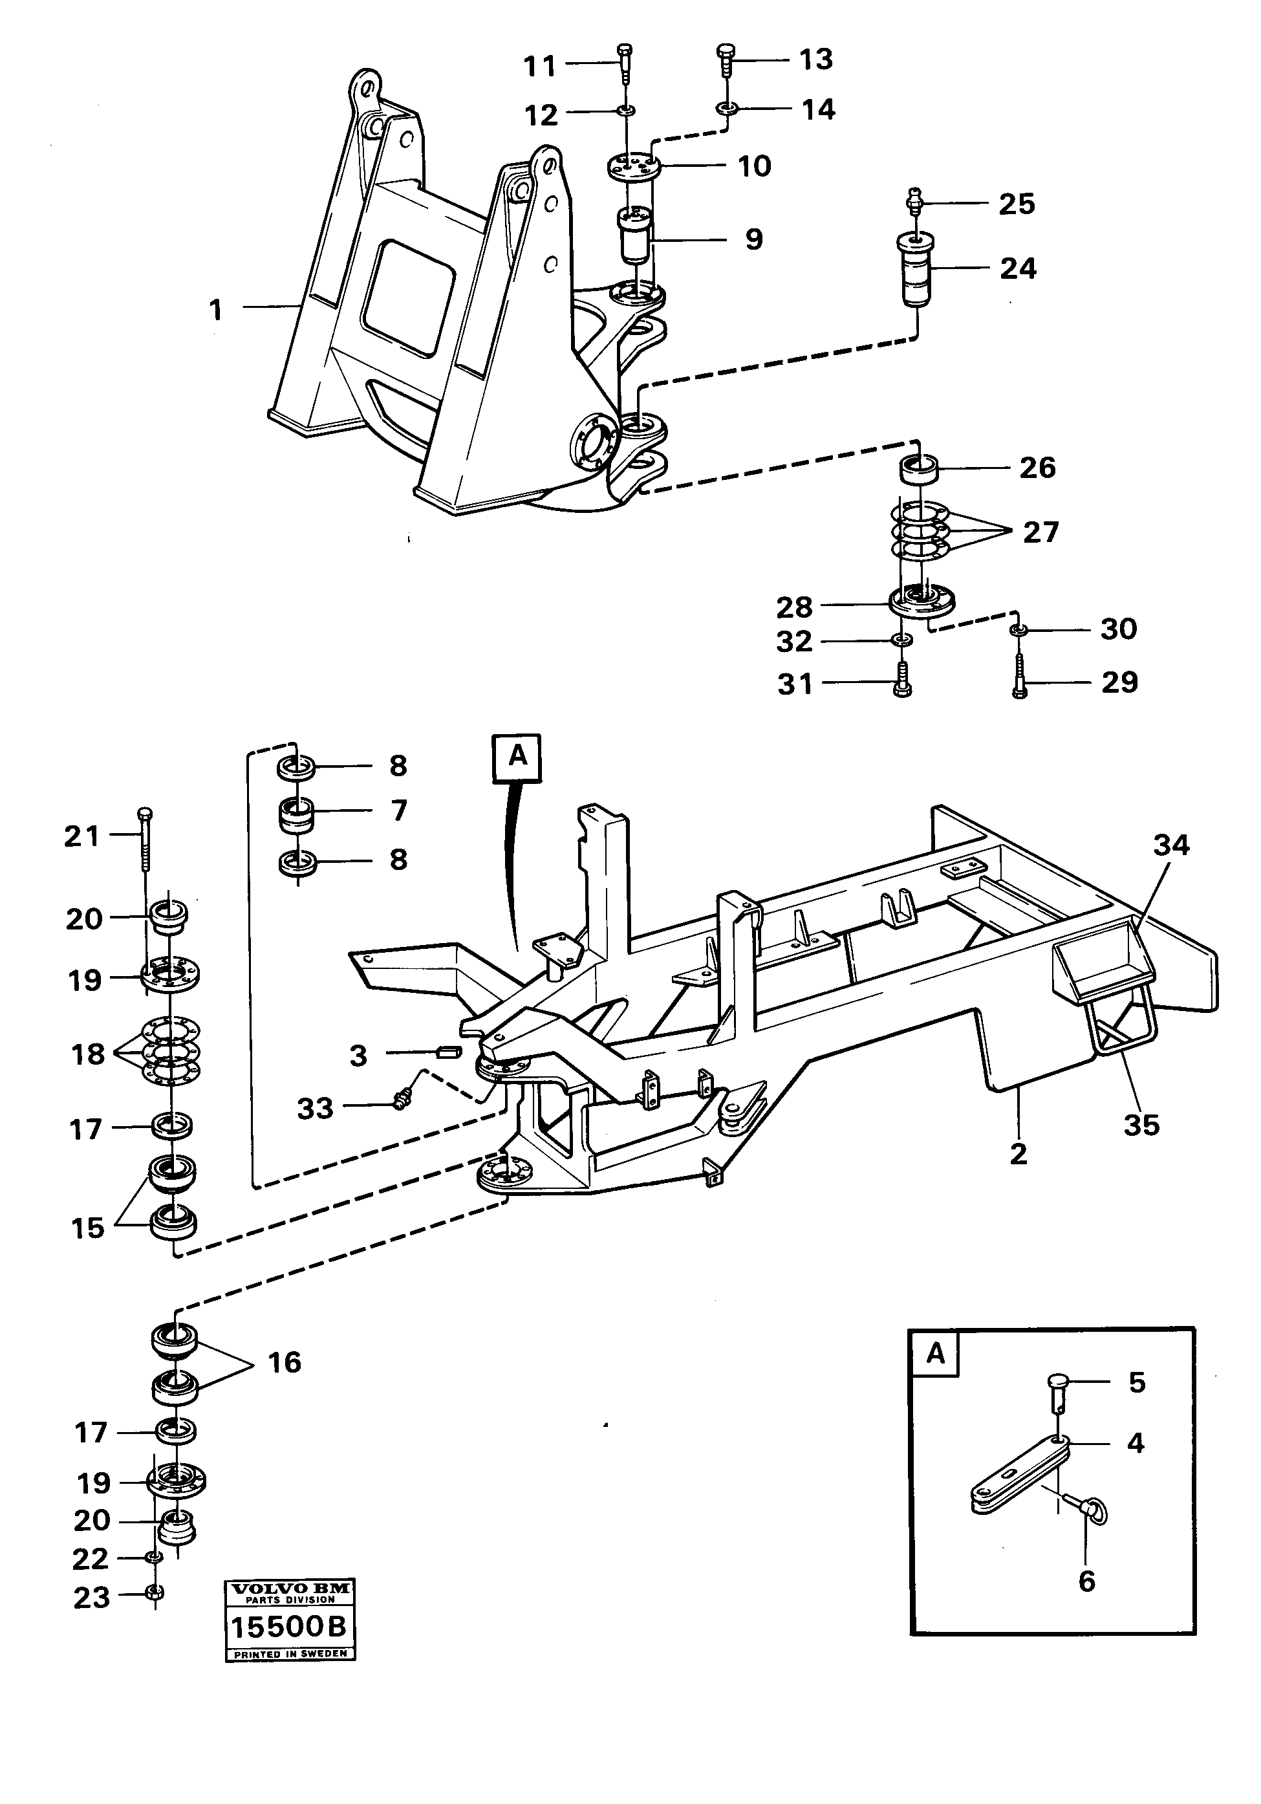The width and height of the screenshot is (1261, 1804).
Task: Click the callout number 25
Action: tap(1016, 204)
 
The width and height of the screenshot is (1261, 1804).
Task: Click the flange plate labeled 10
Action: tap(633, 168)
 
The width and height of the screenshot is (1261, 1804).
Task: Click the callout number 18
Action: tap(88, 1054)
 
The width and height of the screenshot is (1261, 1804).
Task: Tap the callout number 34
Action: tap(1170, 845)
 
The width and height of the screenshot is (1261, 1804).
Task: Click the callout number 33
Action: tap(314, 1109)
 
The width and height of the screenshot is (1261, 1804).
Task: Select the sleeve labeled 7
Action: tap(296, 813)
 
